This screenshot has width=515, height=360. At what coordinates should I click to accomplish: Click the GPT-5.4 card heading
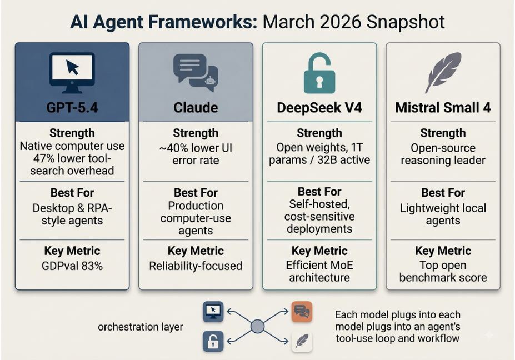coord(72,108)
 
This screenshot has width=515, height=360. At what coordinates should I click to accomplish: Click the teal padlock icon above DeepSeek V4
coord(319,73)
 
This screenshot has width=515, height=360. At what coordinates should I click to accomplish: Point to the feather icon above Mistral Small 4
coord(443,72)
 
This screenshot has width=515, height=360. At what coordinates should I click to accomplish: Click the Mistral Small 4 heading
coord(443,108)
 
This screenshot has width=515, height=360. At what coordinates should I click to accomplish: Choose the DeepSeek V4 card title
coord(319,108)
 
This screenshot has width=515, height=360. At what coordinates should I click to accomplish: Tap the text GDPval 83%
coord(72,266)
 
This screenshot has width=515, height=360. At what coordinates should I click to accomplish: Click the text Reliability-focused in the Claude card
coord(196,266)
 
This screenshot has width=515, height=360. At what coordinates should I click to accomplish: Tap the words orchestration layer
coord(140,327)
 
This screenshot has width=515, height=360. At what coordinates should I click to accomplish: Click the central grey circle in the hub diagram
coord(258,327)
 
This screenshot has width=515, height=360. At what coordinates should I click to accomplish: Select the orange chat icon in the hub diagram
coord(302,311)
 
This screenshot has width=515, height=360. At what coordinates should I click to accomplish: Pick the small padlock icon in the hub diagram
coord(213,341)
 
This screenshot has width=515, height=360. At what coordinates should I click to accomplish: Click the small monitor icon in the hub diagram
coord(213,311)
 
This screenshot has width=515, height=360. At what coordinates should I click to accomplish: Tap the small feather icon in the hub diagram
coord(302,341)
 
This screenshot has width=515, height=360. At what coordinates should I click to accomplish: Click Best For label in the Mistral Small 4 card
coord(443,192)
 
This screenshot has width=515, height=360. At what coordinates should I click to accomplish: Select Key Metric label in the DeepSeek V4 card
coord(319,251)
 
